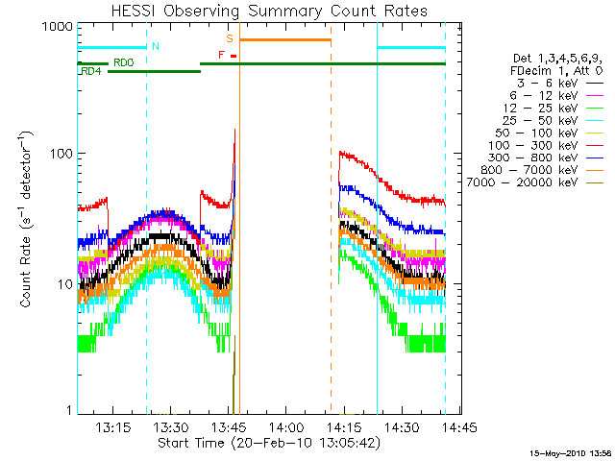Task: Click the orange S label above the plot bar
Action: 230,38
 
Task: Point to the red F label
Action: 222,56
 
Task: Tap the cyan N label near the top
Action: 156,46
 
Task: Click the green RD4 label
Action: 91,71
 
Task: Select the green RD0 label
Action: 123,62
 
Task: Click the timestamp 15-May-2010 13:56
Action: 571,452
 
